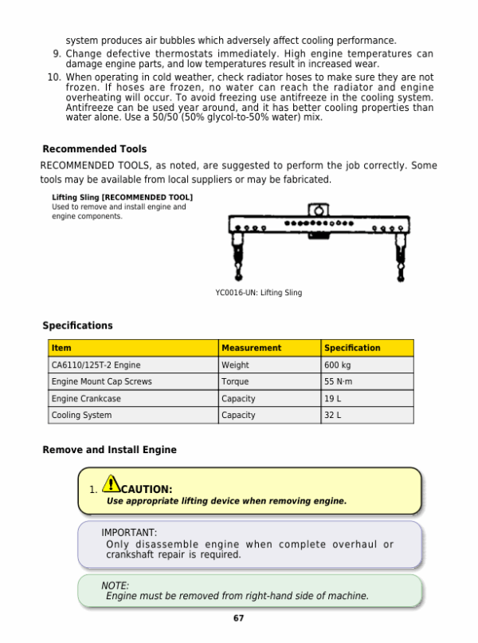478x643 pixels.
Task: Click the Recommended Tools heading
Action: pos(94,149)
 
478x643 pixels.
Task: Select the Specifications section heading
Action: pos(77,325)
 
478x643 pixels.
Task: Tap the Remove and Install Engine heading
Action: pos(109,450)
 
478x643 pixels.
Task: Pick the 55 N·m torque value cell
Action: pos(338,382)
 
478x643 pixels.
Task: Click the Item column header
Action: pos(61,348)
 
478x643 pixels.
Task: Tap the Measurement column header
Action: pos(251,348)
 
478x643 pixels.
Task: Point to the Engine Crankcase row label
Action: pos(85,399)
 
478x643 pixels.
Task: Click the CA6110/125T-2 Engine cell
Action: pos(96,365)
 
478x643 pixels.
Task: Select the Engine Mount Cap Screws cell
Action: pos(101,382)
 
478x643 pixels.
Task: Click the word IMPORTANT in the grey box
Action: pos(128,532)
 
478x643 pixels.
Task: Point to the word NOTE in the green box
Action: pos(115,586)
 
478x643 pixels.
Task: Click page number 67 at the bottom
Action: pos(238,619)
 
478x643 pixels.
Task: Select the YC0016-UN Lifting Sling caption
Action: pos(258,293)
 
